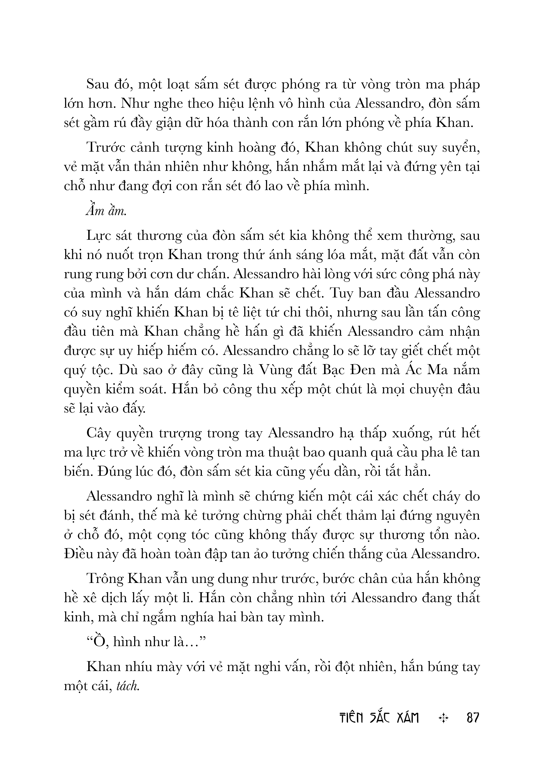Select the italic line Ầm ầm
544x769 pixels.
(106, 212)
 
